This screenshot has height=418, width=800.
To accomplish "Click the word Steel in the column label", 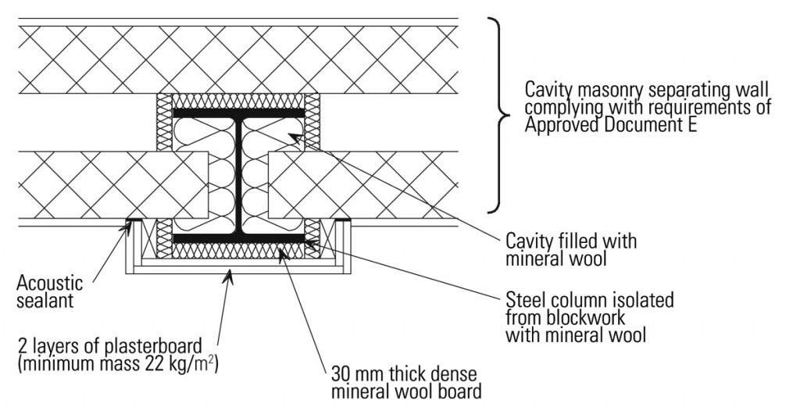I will (x=527, y=300).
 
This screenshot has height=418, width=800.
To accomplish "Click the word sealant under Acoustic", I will (x=46, y=301).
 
